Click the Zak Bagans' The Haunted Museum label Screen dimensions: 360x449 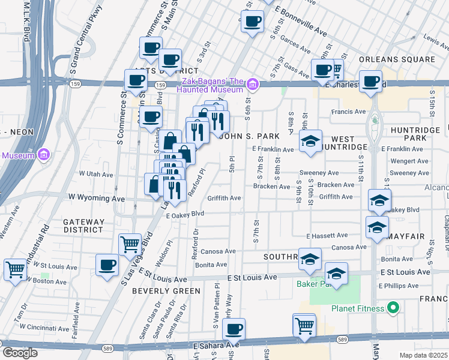click(x=210, y=85)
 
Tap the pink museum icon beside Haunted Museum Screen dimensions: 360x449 click(x=253, y=85)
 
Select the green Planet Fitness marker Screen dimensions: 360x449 click(x=394, y=309)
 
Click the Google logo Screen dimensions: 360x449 click(x=19, y=353)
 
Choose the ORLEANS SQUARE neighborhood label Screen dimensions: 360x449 click(x=397, y=59)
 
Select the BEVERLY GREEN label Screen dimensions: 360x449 click(x=166, y=291)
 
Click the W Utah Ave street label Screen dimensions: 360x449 click(x=96, y=175)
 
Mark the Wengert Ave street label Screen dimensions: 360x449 click(x=409, y=161)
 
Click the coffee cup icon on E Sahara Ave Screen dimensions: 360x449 click(x=234, y=329)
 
